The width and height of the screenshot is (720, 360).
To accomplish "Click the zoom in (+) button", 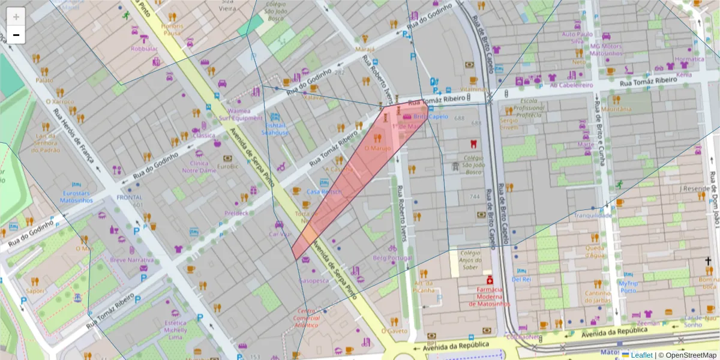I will tap(16, 17).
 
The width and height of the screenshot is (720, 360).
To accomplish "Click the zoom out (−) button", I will tap(16, 35).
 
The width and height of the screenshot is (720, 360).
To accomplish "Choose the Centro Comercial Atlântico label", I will tap(307, 317).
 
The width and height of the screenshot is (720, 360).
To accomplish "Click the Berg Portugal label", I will tap(392, 258).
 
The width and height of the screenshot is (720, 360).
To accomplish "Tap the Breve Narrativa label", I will tap(131, 260).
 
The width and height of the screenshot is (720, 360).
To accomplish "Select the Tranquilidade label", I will tap(593, 215).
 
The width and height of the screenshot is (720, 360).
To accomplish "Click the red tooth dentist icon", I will tap(473, 144).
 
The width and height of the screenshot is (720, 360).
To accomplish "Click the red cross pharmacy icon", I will tap(490, 280).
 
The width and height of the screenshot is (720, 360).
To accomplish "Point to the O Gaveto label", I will tap(394, 331).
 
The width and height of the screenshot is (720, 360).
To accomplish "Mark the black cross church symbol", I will tap(708, 261).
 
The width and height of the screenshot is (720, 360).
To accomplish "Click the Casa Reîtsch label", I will tap(324, 191).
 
